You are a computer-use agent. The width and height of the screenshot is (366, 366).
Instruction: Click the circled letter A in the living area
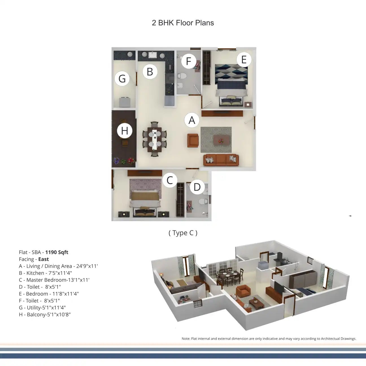click(192, 120)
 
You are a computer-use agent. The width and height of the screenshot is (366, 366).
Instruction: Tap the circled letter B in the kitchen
click(150, 72)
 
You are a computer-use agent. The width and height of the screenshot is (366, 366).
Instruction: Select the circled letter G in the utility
click(122, 79)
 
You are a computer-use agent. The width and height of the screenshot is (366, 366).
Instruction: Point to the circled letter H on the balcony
click(125, 131)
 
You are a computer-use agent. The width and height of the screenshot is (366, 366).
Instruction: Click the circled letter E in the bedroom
click(244, 60)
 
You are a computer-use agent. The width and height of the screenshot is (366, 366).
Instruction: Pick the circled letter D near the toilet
click(197, 187)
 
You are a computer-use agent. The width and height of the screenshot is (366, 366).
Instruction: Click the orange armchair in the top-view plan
click(193, 140)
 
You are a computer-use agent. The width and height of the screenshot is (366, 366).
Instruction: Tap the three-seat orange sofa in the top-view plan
click(221, 160)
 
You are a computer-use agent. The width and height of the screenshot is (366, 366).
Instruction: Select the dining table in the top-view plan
click(154, 139)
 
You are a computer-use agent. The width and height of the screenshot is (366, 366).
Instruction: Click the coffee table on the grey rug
click(221, 141)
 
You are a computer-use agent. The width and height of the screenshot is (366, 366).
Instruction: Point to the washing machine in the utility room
click(125, 102)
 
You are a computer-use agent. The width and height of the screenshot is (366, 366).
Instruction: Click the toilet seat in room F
click(182, 76)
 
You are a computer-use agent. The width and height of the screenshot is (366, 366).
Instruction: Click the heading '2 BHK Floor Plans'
click(183, 23)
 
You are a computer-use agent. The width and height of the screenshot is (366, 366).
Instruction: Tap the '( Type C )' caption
click(183, 233)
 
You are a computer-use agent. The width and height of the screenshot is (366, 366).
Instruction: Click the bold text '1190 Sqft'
click(56, 252)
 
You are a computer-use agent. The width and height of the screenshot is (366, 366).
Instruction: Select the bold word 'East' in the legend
click(43, 259)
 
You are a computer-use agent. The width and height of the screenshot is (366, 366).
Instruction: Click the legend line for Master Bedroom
click(54, 280)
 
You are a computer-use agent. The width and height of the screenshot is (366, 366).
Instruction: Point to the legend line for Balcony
click(45, 314)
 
